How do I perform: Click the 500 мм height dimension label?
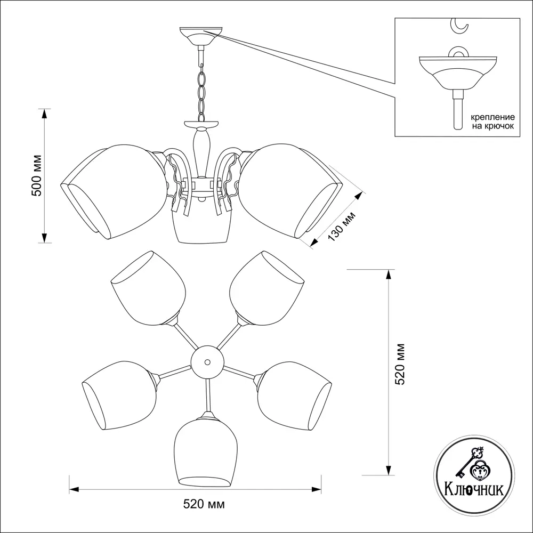(x=36, y=176)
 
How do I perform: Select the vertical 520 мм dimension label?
(x=401, y=363)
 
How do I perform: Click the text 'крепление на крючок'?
(x=491, y=121)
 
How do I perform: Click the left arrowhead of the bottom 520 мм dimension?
(x=74, y=488)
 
